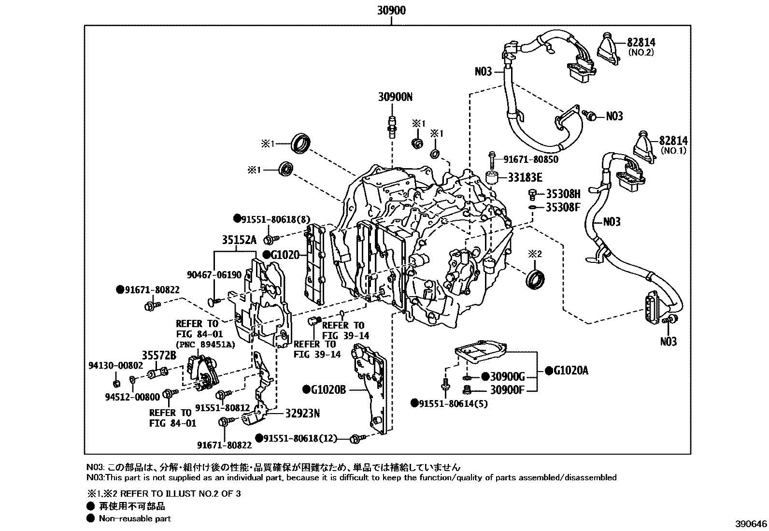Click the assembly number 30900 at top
point(392,10)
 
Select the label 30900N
point(395,97)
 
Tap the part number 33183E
point(525,178)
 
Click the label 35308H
point(563,194)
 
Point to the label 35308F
point(563,208)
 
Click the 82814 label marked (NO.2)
point(641,43)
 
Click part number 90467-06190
point(214,275)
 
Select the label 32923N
point(302,414)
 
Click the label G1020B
point(328,389)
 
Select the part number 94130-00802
point(115,365)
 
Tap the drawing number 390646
point(751,524)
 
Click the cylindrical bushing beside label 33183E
point(492,177)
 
